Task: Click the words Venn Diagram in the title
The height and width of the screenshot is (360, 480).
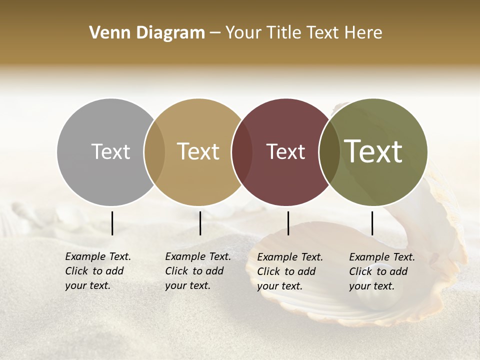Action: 147,33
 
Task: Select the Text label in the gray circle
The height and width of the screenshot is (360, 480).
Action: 110,151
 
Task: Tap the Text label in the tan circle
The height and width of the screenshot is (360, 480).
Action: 198,151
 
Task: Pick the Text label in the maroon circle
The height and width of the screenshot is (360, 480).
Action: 285,151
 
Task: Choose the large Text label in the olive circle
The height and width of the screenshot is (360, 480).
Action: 373,151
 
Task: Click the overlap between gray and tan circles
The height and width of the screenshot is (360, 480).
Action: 154,151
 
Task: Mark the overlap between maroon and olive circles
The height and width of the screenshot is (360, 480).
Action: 329,151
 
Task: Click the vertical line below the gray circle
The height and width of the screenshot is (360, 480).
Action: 112,223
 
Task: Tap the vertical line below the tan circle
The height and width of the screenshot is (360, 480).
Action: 200,223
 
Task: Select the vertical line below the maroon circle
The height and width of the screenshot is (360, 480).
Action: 288,223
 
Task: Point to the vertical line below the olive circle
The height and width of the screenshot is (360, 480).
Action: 372,223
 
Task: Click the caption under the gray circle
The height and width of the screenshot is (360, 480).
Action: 98,271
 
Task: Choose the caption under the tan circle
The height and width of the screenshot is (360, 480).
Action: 198,271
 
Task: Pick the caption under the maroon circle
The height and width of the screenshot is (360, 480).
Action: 290,271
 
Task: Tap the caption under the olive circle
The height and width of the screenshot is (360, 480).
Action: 382,271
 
